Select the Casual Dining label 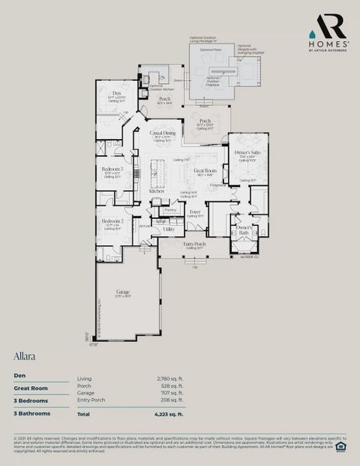tap(162, 133)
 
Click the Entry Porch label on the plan tap(195, 244)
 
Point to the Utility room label tap(168, 230)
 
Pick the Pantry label tap(171, 210)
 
